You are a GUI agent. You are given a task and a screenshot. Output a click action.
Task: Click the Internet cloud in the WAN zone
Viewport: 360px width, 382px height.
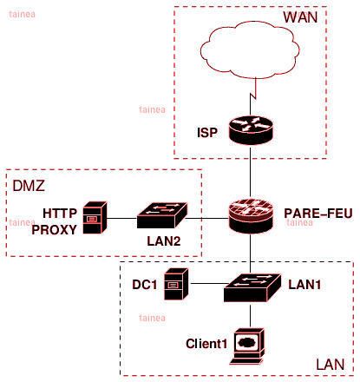pos(250,49)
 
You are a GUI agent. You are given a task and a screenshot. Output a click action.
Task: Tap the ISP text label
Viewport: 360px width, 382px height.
pos(207,133)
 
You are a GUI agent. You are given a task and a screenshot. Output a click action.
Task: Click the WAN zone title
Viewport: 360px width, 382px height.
pos(300,17)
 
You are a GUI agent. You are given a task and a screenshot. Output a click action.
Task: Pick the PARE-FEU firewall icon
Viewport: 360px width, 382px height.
pos(251,215)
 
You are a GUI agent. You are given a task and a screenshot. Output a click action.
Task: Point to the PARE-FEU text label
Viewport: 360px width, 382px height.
pos(318,214)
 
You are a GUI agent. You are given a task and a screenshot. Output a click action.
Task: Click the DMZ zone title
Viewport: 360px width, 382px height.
pos(29,186)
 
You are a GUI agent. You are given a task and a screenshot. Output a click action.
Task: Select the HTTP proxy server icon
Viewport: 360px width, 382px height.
pos(95,217)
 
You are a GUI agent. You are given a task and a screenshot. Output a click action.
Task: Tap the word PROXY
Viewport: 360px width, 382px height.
pos(55,230)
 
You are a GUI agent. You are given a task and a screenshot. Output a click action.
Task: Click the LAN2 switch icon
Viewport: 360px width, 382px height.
pos(162,215)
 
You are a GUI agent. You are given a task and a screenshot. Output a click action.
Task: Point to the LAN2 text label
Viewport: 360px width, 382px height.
pos(164,241)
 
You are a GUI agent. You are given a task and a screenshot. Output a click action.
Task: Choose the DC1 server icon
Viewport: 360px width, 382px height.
pos(176,284)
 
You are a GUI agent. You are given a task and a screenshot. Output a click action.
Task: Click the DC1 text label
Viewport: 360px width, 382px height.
pos(145,285)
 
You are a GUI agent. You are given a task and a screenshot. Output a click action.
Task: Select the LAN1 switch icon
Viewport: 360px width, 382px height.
pos(252,287)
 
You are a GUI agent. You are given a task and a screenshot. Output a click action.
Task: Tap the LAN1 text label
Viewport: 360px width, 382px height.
pos(304,285)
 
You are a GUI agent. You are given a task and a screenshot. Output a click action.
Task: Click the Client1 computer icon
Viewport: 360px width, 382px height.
pos(247,346)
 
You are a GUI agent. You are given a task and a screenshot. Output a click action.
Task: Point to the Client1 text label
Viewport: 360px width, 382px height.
pos(206,344)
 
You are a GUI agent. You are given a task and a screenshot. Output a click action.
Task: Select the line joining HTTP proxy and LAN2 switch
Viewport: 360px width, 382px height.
pos(121,218)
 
